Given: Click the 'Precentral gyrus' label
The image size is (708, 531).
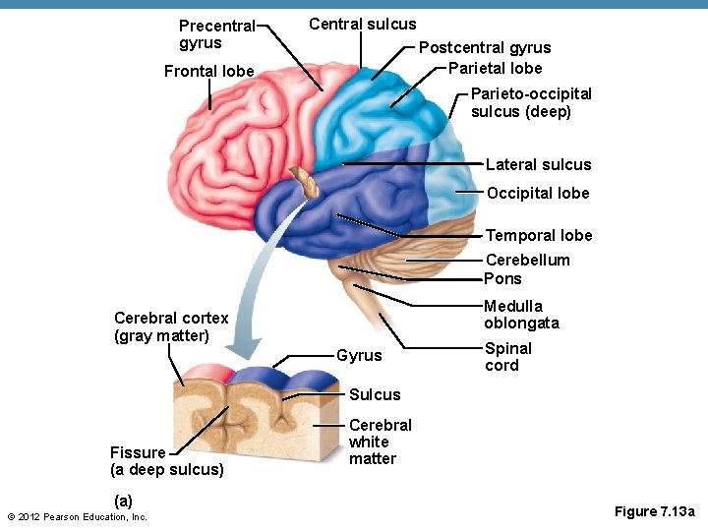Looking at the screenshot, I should coord(216,34).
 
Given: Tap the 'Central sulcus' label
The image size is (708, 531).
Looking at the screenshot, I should coord(362,25).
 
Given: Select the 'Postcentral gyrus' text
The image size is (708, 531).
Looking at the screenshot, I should coord(485,47).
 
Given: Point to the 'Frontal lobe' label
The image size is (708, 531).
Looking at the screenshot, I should coord(208,71).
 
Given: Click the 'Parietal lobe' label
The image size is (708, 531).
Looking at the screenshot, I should coord(495,68).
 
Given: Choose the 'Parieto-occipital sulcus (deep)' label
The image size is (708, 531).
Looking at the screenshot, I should coord(531,102).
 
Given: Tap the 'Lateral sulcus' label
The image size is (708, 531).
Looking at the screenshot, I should coord(538,164).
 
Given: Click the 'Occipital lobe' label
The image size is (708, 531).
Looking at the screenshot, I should coord(537,193).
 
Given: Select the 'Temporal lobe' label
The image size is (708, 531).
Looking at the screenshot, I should coord(539,235).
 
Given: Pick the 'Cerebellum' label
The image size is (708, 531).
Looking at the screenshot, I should coord(527,260).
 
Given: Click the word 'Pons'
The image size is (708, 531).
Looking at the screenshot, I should coord(502,278).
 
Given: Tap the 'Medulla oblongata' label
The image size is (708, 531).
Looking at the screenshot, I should coord(520,315).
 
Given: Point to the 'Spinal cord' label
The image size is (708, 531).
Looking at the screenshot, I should coord(507,357).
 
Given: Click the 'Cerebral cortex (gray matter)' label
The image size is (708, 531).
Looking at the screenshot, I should coord(171,326).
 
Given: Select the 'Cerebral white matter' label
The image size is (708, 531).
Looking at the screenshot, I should coord(380,442).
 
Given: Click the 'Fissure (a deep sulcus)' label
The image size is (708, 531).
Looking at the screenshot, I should coord(166,461).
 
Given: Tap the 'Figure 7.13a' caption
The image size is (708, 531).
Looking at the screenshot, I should coord(654,511).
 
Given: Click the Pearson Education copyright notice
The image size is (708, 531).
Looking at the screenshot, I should coord(77,517).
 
